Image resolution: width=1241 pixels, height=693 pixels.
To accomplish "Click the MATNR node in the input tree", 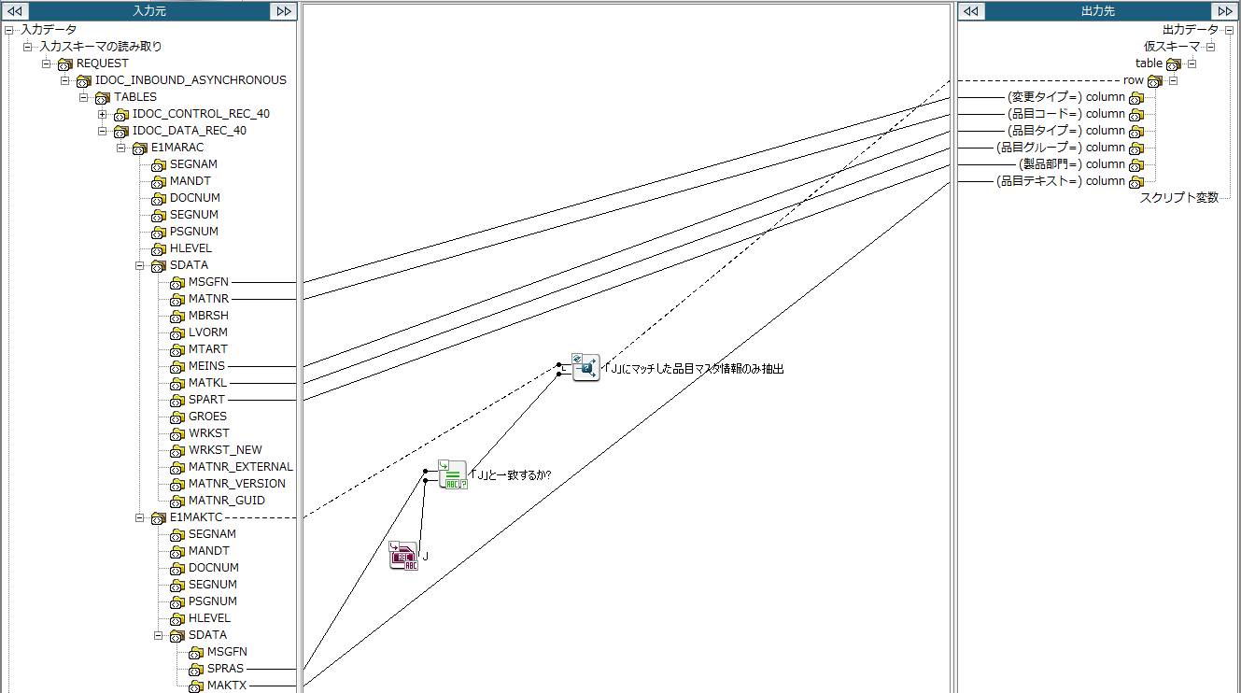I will coord(208,299).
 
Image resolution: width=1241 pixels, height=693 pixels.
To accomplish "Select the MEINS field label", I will coord(206,366).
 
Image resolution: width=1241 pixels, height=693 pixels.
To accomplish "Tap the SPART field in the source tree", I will coord(206,400).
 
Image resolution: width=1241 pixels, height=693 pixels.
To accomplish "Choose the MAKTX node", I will coord(226,686).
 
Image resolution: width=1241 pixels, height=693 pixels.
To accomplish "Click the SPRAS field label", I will coord(225,669).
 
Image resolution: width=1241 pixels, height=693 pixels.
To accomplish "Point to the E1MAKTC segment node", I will coord(195,517).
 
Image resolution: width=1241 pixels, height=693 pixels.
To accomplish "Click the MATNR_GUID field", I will coord(226,501).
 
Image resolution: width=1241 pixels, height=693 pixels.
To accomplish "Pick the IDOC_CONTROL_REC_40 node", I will coord(200,114).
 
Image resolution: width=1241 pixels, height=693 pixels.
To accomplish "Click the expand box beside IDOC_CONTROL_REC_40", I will coord(103,114).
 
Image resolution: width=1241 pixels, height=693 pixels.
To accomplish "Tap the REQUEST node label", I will coord(102,64).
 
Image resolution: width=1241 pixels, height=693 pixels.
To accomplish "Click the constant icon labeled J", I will coord(403,556).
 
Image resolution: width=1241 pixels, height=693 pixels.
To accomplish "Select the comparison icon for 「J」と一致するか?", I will coord(453,474).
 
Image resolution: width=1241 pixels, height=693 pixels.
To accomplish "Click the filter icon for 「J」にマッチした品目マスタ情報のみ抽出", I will coord(585,368).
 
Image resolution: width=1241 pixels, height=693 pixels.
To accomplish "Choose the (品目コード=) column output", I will coord(1065,114).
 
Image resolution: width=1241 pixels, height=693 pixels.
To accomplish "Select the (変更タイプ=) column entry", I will coord(1065,97).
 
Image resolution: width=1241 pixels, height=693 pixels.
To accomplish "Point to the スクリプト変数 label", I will coord(1178,198).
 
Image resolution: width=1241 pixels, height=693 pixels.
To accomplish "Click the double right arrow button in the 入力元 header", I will coord(283,11).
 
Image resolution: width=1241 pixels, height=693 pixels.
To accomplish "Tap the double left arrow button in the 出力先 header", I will coord(971,11).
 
